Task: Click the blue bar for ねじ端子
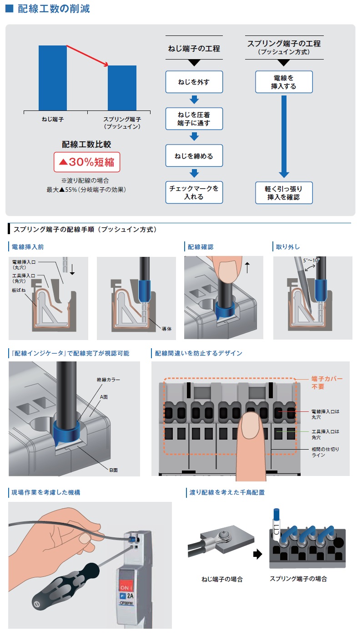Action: [52, 78]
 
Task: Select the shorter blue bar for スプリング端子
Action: [122, 88]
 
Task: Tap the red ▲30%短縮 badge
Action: [87, 162]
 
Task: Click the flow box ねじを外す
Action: [194, 82]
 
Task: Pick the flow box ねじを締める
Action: [194, 155]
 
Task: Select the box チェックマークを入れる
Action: [194, 192]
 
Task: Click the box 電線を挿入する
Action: [284, 82]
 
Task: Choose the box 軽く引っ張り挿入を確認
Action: [284, 193]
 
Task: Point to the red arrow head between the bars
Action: [106, 65]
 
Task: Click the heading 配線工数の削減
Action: [54, 9]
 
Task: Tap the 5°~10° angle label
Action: [311, 260]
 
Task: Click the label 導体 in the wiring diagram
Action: [166, 329]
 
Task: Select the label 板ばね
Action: [19, 290]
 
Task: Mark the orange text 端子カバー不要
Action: [327, 382]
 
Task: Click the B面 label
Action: [114, 470]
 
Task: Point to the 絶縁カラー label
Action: [108, 380]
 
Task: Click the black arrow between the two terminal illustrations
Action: [257, 554]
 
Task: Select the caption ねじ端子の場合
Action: [222, 579]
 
